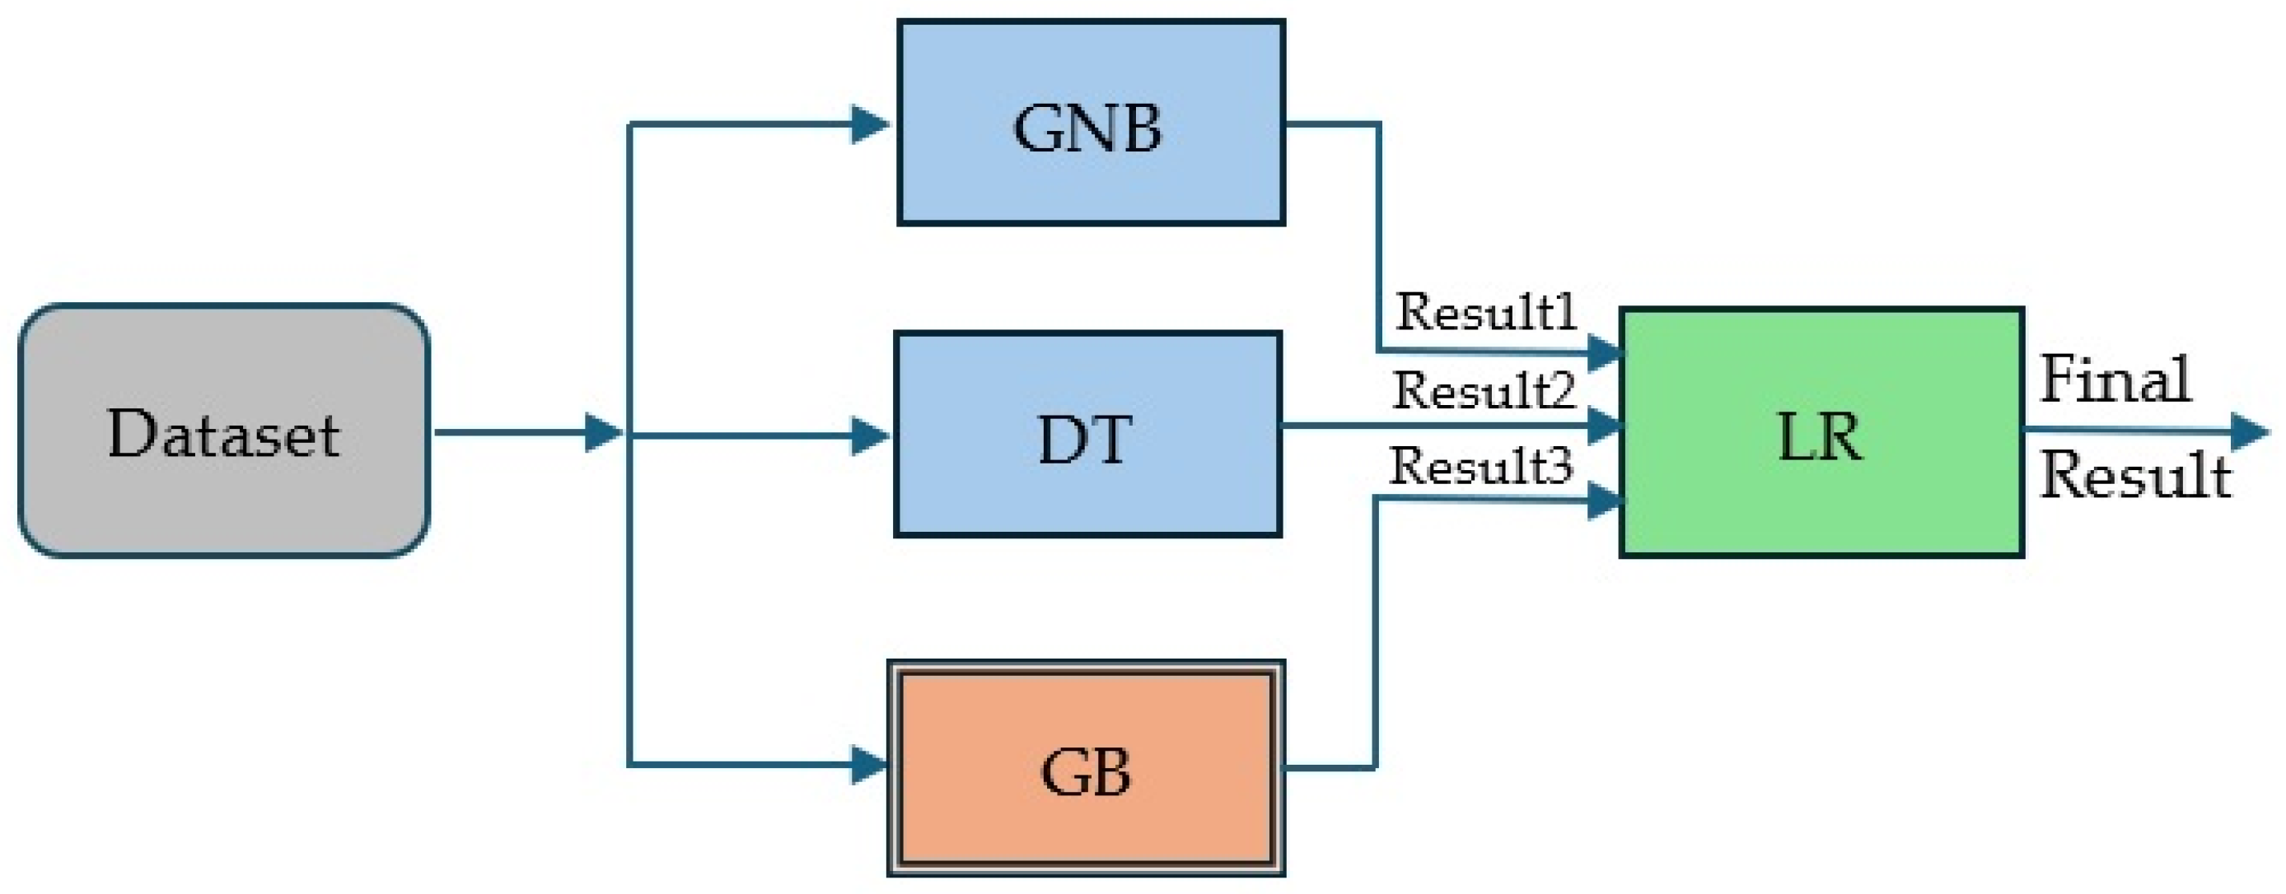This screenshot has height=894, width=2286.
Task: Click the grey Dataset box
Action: pos(223,431)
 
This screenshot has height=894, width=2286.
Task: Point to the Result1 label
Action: pos(1485,312)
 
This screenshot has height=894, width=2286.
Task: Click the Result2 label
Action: pos(1483,390)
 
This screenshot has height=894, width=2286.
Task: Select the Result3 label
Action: pos(1480,467)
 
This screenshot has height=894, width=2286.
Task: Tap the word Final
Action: pos(2115,379)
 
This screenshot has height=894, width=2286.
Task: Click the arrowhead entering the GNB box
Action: pos(870,124)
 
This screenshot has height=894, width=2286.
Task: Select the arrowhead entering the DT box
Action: pos(870,435)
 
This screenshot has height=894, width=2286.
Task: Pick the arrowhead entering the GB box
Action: pos(870,766)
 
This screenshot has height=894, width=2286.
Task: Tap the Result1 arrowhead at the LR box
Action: pos(1605,353)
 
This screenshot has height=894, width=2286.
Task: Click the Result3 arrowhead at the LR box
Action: pos(1605,501)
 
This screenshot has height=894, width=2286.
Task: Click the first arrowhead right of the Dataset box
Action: pos(605,433)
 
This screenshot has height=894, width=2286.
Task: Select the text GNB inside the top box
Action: pos(1087,129)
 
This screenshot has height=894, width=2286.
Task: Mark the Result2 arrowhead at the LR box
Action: pos(1605,426)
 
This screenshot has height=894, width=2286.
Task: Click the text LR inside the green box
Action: pos(1819,437)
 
